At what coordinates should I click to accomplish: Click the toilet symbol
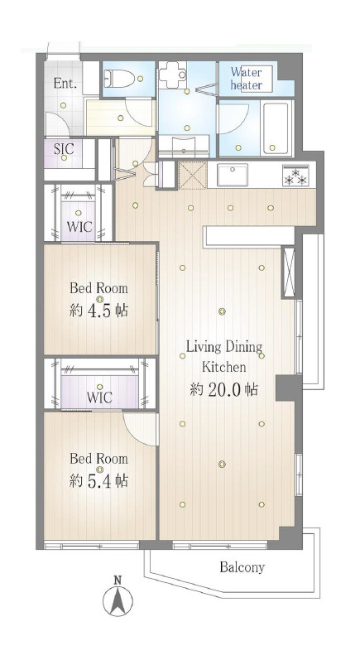(x=119, y=78)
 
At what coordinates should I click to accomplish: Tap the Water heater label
(x=246, y=79)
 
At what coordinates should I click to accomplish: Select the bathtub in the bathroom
(x=276, y=128)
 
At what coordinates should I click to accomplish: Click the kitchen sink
(x=233, y=175)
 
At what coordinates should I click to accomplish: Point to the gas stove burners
(x=295, y=175)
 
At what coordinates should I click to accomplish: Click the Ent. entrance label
(x=65, y=84)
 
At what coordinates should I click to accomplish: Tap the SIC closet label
(x=64, y=148)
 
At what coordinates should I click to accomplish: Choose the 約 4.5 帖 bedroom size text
(x=98, y=311)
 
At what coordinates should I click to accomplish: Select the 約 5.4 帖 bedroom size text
(x=98, y=480)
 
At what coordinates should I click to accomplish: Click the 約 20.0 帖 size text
(x=223, y=390)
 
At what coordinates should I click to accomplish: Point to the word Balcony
(x=242, y=567)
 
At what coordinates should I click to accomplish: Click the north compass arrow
(x=118, y=601)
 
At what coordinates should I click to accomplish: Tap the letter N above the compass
(x=118, y=580)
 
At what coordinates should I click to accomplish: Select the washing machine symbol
(x=172, y=75)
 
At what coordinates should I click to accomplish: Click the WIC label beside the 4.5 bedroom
(x=79, y=227)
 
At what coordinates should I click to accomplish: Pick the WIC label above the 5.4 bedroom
(x=99, y=397)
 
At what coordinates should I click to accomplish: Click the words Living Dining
(x=224, y=348)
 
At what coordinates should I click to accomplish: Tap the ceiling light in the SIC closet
(x=64, y=158)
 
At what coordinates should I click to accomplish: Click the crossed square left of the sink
(x=193, y=175)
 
